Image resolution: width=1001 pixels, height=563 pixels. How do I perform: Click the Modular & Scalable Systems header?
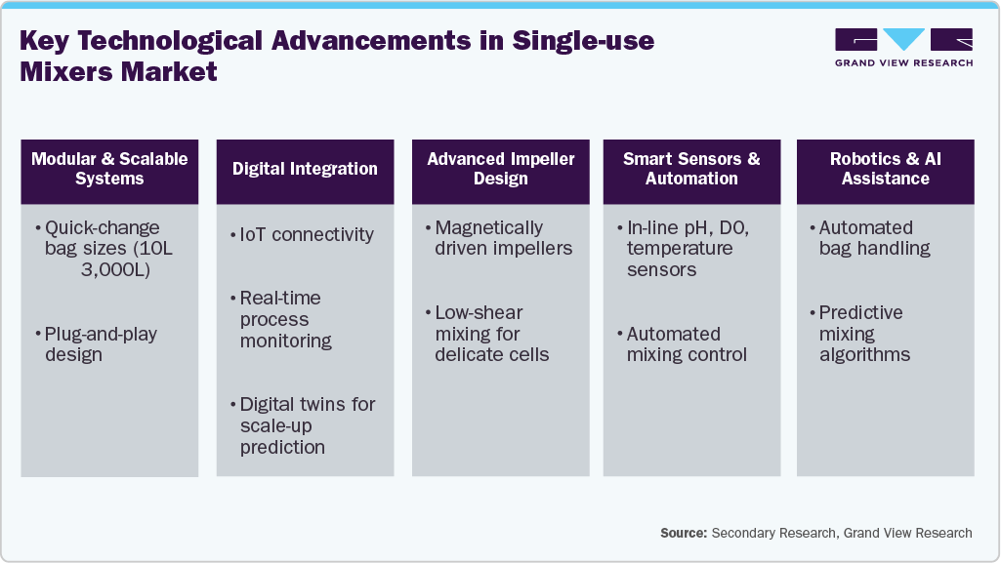[x=109, y=169]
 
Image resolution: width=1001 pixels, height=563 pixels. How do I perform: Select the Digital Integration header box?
[x=305, y=169]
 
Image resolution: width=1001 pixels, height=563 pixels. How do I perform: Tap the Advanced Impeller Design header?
[x=501, y=169]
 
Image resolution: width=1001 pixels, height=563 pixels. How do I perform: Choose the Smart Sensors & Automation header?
[x=691, y=169]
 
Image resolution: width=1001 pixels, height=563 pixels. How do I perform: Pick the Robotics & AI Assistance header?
[x=885, y=169]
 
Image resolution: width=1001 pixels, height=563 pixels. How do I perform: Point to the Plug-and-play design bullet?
[x=101, y=344]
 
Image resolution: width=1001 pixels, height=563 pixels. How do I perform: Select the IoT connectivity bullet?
[x=307, y=234]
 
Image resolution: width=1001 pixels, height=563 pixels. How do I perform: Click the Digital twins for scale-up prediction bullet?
[x=307, y=425]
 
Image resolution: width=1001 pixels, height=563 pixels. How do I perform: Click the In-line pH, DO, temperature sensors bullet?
[x=687, y=248]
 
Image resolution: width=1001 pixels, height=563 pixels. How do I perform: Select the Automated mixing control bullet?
[x=687, y=344]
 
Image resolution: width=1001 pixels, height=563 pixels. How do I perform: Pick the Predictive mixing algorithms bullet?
[x=864, y=334]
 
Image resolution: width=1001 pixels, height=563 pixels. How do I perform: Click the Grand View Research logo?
[x=903, y=46]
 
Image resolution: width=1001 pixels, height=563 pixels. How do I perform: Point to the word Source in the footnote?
[x=683, y=533]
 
